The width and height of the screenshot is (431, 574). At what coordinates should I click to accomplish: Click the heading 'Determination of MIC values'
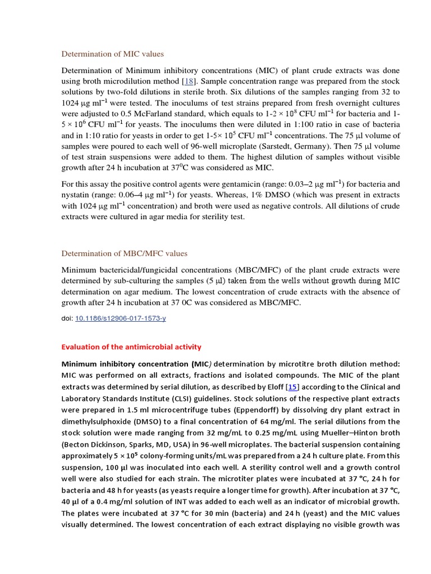[x=112, y=54]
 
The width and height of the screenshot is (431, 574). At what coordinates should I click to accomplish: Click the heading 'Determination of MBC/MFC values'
[x=124, y=253]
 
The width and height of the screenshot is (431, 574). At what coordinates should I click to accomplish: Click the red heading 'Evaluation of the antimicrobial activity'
[x=131, y=347]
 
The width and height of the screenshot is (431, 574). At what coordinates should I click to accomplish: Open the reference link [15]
[x=292, y=387]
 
